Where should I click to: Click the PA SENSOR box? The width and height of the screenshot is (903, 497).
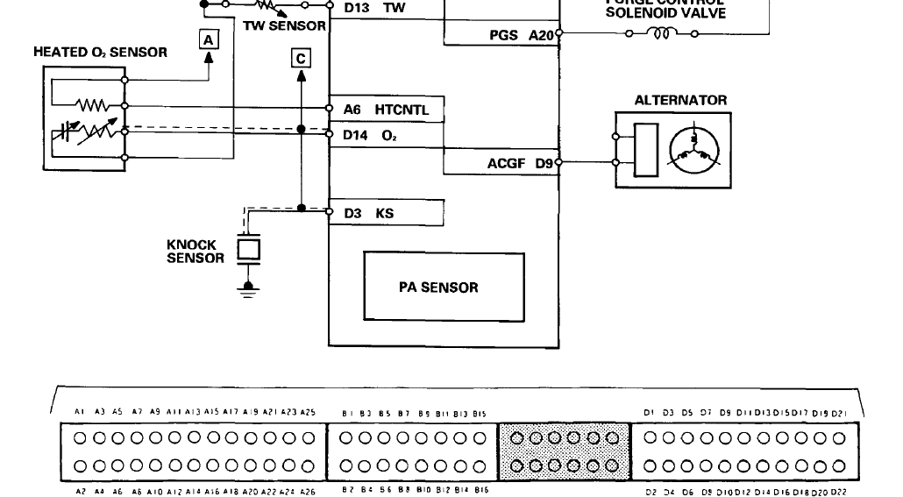431,288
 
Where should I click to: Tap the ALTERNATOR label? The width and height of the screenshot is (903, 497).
680,100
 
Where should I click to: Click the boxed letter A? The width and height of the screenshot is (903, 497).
208,39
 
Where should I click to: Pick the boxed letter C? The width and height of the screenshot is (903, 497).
301,59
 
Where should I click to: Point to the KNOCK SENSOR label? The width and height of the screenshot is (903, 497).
196,252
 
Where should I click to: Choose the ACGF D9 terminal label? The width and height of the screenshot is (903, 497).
521,163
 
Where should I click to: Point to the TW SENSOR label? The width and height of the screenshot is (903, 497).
284,26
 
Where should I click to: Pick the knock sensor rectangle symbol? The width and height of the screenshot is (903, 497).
250,248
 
